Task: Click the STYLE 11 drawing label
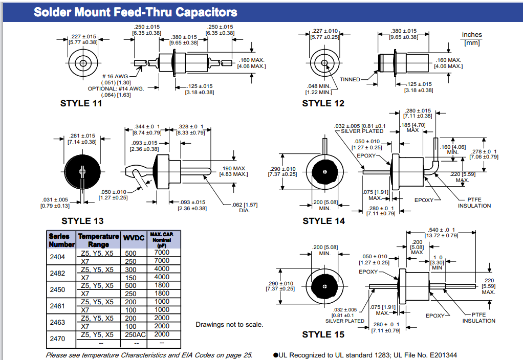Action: pos(81,103)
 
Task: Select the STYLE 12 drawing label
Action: pos(323,103)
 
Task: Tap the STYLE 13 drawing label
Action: pos(82,221)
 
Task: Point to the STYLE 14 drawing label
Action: pos(323,221)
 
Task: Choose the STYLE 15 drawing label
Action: pos(323,334)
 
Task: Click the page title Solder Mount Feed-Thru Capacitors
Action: pos(135,12)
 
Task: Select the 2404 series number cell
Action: pos(57,257)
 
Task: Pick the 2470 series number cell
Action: pos(57,338)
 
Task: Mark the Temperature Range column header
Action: pos(98,240)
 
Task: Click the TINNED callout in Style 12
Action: pos(350,79)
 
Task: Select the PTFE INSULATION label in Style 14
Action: pos(474,202)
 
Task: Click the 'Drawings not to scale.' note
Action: pos(229,325)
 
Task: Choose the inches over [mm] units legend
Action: pos(471,39)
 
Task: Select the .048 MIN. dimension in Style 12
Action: pos(319,89)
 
